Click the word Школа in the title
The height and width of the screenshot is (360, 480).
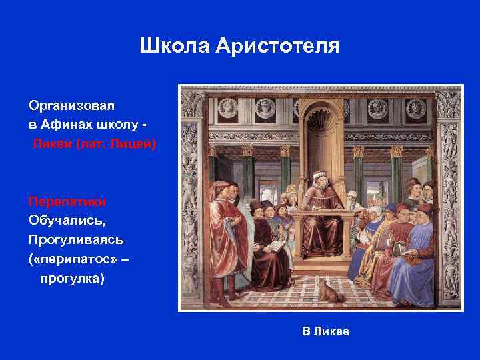pyautogui.click(x=174, y=46)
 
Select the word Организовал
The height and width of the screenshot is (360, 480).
pyautogui.click(x=71, y=106)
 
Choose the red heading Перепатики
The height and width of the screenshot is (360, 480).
pyautogui.click(x=67, y=201)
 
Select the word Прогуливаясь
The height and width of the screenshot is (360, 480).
pyautogui.click(x=75, y=238)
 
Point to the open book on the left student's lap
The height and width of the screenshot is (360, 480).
pyautogui.click(x=273, y=245)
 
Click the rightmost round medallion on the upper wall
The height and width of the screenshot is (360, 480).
pyautogui.click(x=417, y=106)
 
